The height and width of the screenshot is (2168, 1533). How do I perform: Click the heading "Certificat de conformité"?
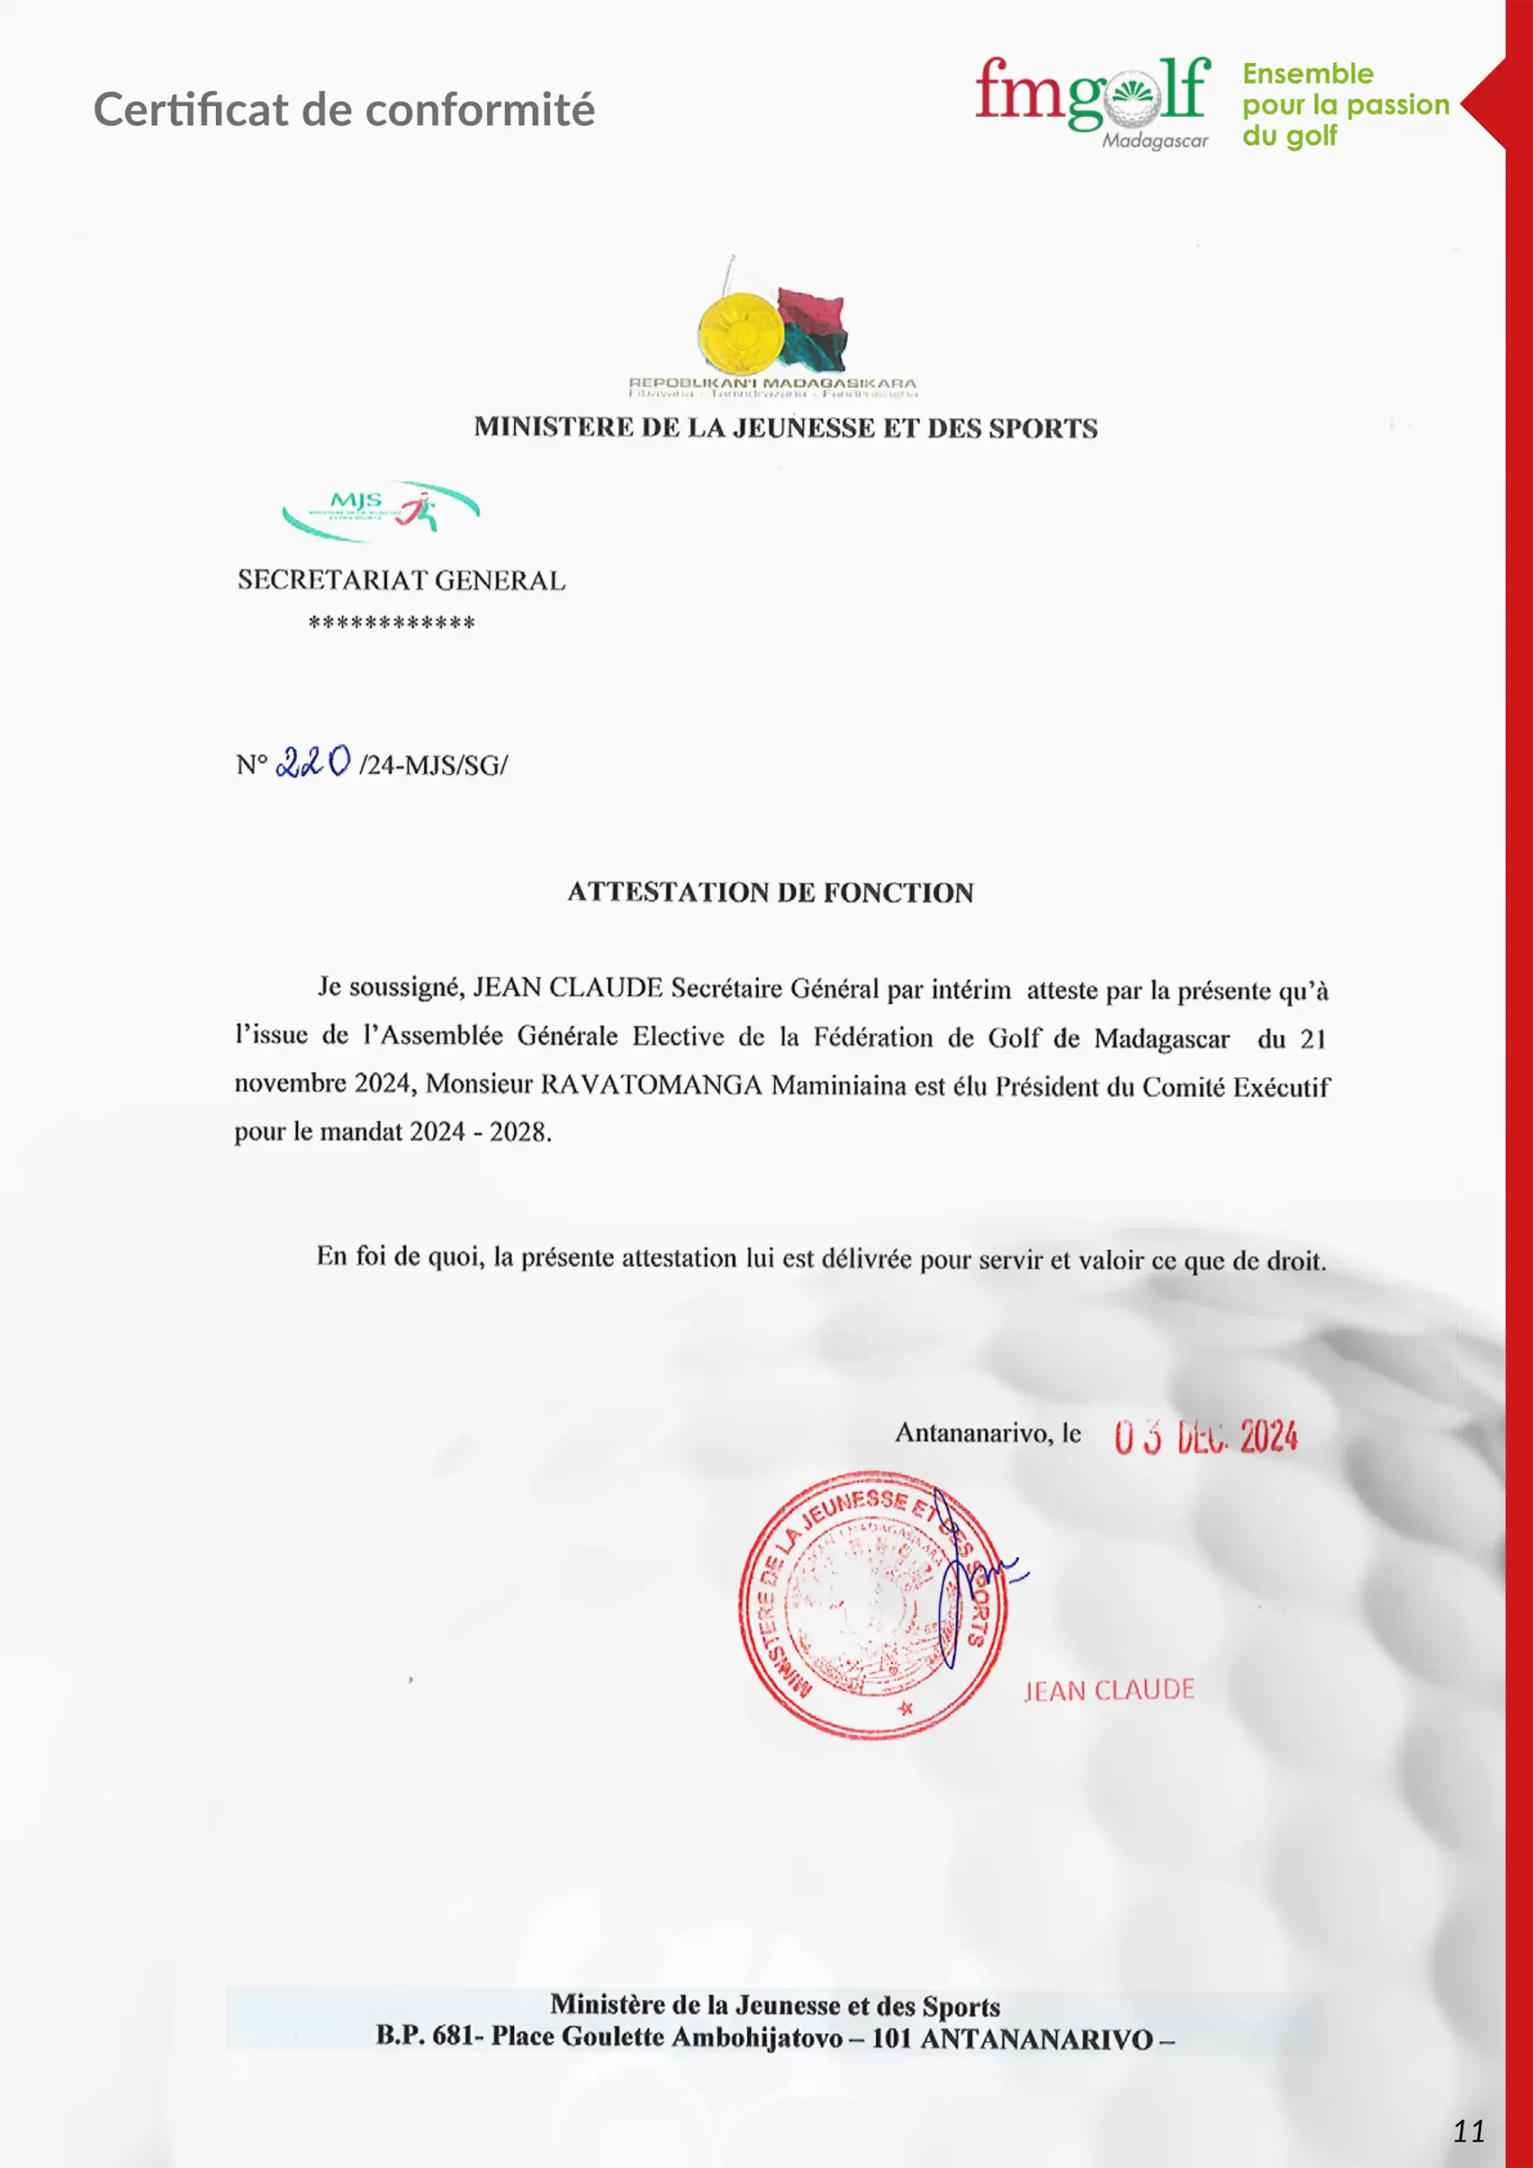344,109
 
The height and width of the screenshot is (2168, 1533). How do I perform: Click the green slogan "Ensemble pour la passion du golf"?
1344,104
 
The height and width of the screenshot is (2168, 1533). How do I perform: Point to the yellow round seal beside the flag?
739,331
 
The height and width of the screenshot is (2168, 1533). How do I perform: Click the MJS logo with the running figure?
380,510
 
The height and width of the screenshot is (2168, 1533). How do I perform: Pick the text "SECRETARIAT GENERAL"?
401,580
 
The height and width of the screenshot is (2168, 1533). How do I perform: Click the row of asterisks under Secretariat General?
391,623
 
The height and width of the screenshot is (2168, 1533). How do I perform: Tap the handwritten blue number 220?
313,761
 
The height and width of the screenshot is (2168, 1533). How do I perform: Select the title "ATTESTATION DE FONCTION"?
770,893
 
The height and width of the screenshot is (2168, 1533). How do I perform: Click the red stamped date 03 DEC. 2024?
1205,1436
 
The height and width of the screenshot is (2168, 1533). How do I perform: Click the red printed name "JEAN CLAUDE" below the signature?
1109,1690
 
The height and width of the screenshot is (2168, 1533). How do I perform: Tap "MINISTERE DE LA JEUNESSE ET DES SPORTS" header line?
785,428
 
